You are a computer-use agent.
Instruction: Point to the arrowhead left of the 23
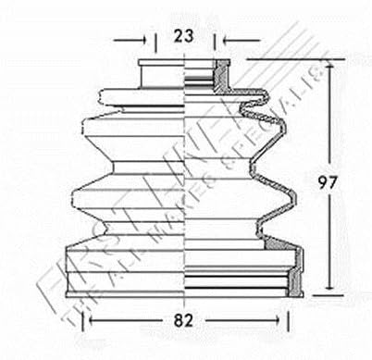click(x=143, y=40)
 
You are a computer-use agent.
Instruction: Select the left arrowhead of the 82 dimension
click(x=91, y=322)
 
